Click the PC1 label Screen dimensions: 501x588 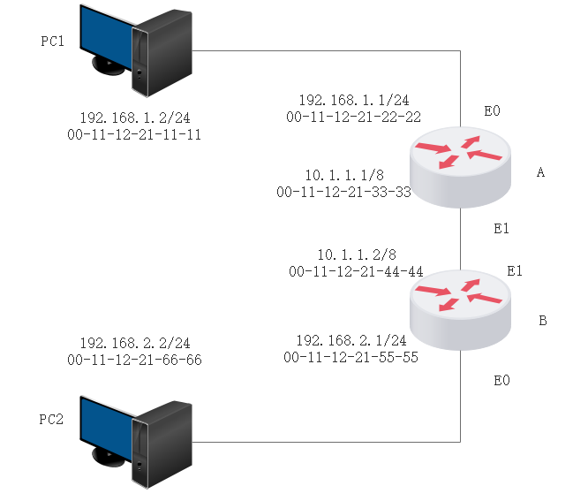[53, 42]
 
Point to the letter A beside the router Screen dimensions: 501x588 [541, 173]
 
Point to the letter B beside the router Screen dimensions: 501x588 [542, 320]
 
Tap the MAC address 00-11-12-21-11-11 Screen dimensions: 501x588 [135, 134]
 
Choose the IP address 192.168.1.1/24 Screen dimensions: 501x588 [353, 101]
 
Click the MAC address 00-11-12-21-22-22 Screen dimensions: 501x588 [353, 116]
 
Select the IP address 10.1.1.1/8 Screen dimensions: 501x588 [343, 176]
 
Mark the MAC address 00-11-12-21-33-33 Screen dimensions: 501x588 [343, 191]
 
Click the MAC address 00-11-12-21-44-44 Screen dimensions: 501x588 [356, 270]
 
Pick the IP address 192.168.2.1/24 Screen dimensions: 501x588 [351, 341]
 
